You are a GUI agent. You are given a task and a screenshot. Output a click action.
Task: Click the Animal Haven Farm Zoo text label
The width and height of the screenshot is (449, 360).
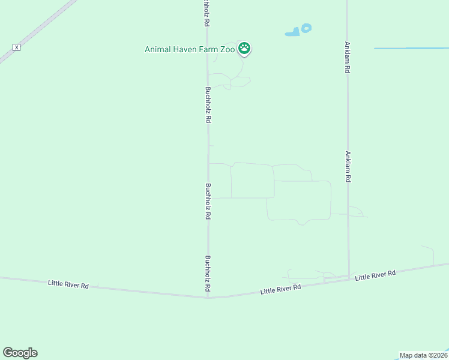190,49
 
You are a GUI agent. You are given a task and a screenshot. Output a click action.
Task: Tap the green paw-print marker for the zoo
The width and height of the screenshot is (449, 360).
244,48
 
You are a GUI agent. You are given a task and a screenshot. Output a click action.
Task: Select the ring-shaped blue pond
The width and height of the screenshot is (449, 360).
307,28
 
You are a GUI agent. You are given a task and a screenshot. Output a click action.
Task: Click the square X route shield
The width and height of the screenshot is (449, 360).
17,47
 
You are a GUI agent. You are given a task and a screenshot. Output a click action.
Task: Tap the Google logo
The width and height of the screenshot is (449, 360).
20,353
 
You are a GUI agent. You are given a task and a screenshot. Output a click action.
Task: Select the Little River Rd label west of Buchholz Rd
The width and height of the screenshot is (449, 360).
68,284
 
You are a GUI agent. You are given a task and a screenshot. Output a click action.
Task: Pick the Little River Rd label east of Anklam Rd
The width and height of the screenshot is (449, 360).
375,275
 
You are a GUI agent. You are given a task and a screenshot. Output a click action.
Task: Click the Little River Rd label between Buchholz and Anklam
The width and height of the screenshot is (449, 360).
280,289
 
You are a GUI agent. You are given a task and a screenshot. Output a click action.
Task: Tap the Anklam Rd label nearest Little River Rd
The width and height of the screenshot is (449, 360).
348,166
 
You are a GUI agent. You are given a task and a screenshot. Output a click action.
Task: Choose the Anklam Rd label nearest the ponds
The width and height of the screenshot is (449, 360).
347,57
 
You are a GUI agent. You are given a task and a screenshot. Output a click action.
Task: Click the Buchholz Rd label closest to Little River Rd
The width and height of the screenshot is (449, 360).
208,274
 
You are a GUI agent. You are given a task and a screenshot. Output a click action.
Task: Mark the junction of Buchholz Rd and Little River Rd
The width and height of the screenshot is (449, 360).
208,297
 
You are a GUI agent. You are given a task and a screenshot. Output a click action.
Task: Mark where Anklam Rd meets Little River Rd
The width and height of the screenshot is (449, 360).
349,277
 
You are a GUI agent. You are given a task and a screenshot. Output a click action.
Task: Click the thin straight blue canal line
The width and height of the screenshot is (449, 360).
411,48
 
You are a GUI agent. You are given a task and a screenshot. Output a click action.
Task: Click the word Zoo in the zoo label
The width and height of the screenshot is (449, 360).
228,49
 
